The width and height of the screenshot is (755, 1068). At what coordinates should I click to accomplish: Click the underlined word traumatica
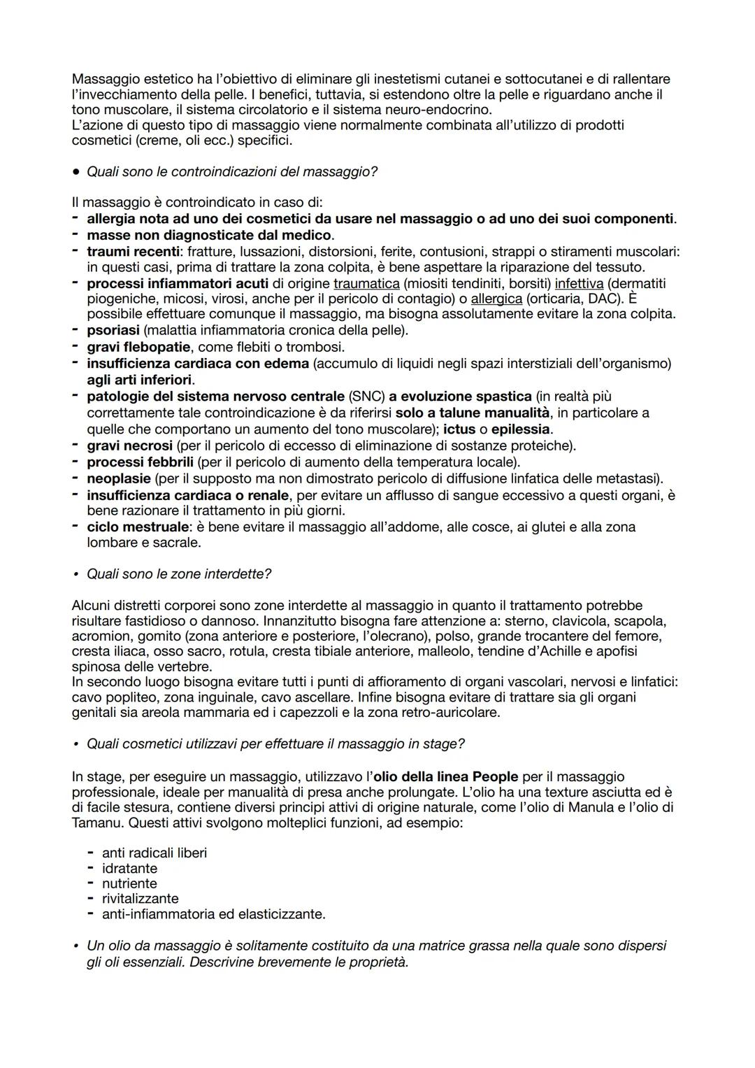366,283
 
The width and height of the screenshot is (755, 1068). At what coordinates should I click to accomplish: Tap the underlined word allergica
496,299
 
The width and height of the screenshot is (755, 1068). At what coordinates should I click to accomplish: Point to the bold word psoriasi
113,330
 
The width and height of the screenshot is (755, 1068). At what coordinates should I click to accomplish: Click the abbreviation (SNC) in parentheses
367,397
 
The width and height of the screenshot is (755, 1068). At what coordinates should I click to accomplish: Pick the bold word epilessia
521,429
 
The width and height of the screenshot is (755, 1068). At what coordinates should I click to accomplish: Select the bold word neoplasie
119,478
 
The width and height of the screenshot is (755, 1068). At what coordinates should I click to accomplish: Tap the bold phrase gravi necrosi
129,446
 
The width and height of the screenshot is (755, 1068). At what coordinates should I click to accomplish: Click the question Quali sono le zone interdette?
178,574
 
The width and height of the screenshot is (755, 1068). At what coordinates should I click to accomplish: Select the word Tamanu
98,823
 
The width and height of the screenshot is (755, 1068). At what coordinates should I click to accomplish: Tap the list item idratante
129,869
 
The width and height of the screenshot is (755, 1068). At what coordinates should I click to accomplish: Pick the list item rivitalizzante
140,899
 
